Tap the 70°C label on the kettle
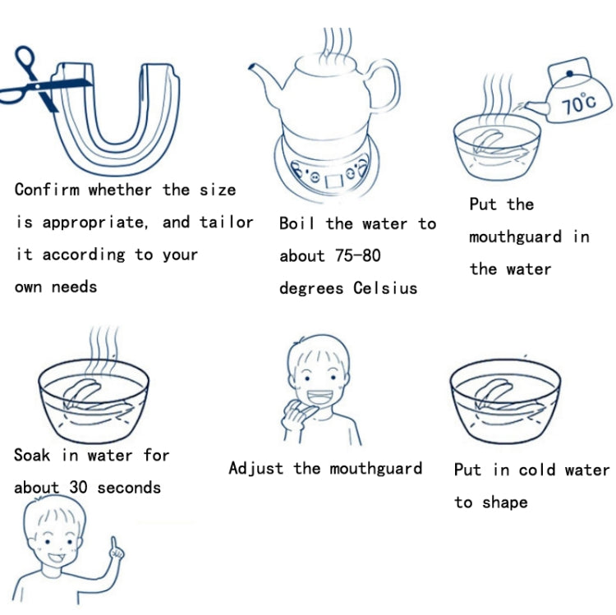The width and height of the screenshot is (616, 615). (x=578, y=103)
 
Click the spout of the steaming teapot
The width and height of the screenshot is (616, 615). (x=265, y=78)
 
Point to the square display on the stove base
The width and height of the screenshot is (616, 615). (x=333, y=181)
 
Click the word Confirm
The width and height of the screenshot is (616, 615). (x=47, y=190)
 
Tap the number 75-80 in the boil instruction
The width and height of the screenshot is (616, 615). (x=358, y=255)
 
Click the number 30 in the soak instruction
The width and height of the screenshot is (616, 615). (x=78, y=488)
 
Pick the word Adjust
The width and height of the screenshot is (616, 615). (x=256, y=469)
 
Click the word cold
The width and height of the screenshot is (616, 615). (x=537, y=470)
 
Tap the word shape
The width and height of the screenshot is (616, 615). (x=505, y=503)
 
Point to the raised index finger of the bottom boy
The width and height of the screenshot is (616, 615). (x=113, y=544)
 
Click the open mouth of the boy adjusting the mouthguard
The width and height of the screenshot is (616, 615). (x=319, y=397)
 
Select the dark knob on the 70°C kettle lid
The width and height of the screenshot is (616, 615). (x=570, y=73)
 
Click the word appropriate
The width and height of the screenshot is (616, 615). (x=94, y=223)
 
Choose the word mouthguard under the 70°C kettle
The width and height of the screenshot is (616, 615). (x=516, y=237)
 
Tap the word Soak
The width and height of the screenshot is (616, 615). (x=32, y=455)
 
